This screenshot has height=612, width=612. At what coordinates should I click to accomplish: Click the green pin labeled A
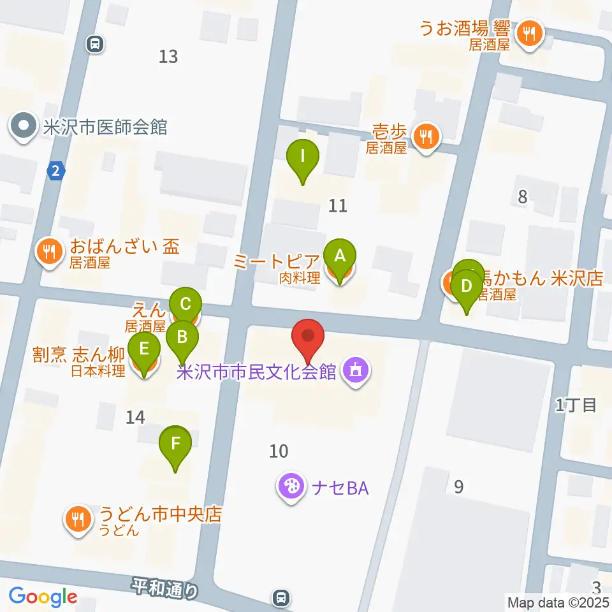point(340,257)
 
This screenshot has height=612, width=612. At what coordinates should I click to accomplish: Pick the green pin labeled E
point(144,350)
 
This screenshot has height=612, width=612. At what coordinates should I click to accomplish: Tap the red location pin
point(309,336)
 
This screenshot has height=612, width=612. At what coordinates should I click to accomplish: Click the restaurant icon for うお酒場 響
point(529,31)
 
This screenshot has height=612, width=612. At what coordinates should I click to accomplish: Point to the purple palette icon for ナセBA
point(291,487)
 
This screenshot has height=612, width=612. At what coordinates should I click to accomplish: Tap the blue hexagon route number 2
point(56,171)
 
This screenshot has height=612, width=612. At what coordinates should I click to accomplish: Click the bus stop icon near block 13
point(95,43)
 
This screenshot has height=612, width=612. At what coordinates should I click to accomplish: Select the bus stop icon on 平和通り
point(280,597)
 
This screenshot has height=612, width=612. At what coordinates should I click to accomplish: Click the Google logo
point(43,597)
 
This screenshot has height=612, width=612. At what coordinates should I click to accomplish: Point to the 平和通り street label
point(166,588)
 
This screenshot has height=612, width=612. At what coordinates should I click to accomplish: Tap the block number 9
point(458,487)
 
